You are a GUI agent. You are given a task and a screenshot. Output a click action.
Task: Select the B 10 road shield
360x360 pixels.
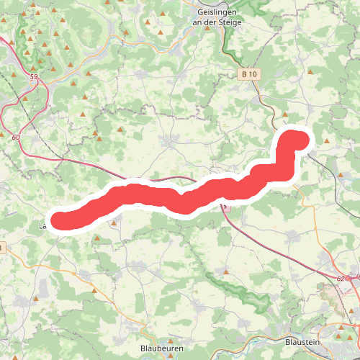249,73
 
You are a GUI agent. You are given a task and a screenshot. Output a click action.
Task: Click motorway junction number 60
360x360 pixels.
16,137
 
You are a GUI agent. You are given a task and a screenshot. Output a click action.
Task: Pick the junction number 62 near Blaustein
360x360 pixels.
340,274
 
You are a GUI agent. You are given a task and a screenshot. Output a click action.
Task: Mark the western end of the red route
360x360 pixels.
58,220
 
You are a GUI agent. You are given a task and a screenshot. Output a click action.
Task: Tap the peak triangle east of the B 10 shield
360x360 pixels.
310,72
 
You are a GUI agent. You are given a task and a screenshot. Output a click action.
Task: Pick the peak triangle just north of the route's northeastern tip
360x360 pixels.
286,114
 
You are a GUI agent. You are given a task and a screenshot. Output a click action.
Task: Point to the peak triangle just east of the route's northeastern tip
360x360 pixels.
328,142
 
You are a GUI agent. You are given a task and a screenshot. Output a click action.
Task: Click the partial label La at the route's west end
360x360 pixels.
42,226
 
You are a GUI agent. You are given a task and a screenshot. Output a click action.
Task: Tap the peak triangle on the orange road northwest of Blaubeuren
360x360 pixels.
94,290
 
